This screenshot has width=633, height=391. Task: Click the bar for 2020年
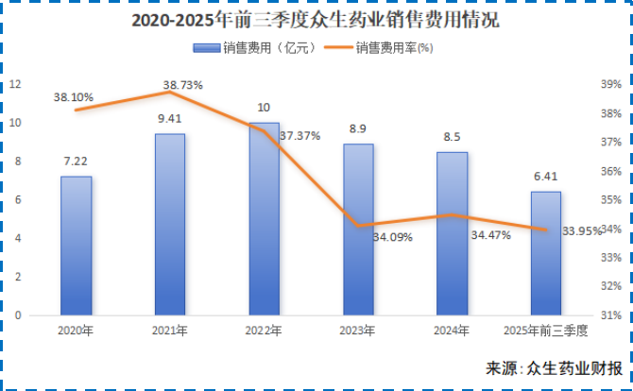pyautogui.click(x=77, y=246)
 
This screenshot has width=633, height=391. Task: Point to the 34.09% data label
pyautogui.click(x=392, y=237)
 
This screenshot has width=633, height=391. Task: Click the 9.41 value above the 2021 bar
pyautogui.click(x=170, y=119)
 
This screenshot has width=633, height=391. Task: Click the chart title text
pyautogui.click(x=316, y=18)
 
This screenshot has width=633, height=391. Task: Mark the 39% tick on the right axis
pyautogui.click(x=611, y=84)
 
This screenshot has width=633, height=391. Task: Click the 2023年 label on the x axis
pyautogui.click(x=357, y=331)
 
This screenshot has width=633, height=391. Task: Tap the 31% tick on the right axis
pyautogui.click(x=611, y=315)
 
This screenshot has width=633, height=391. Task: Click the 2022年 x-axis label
pyautogui.click(x=264, y=331)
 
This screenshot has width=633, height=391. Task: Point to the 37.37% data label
pyautogui.click(x=299, y=136)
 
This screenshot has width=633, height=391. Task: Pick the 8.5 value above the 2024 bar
pyautogui.click(x=452, y=137)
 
